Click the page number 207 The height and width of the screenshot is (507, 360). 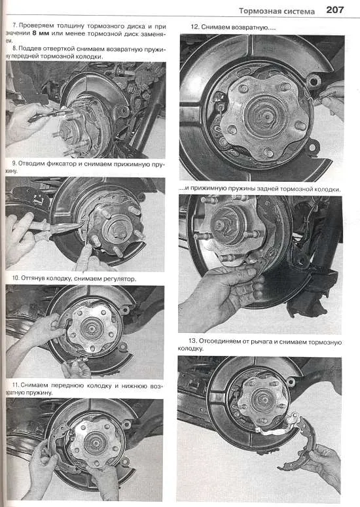(x=334, y=10)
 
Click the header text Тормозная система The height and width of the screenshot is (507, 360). (x=277, y=11)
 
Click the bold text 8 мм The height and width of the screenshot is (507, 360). (x=40, y=33)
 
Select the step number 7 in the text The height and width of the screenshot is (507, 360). (x=14, y=26)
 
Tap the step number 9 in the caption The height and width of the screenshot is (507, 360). (x=14, y=164)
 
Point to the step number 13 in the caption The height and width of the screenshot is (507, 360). (x=193, y=341)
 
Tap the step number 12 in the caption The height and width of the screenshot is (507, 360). (x=194, y=27)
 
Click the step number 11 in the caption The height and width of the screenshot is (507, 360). (x=16, y=385)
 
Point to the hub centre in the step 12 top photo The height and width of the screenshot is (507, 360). (x=262, y=114)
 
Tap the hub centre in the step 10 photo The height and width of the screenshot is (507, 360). (x=92, y=329)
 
